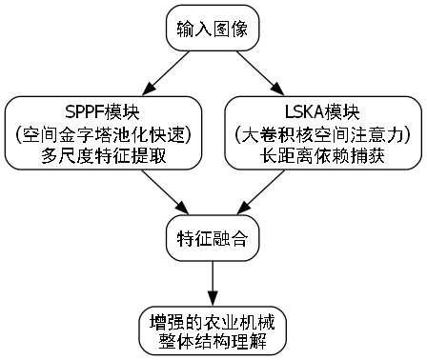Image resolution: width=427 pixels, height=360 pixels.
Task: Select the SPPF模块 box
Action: (x=104, y=132)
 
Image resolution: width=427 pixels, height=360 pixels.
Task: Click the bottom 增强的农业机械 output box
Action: (x=212, y=330)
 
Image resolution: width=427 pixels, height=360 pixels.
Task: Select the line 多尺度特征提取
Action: (x=104, y=154)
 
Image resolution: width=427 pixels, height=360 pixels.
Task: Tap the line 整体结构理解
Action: (x=212, y=340)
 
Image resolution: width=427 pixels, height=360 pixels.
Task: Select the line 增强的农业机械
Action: (x=212, y=319)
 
